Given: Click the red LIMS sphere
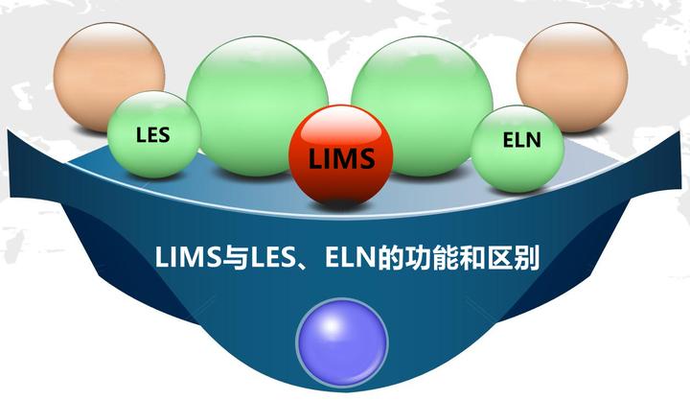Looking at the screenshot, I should click(x=341, y=153).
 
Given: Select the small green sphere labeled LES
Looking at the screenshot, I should click(x=153, y=135).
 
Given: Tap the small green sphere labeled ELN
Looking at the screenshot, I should click(x=520, y=141).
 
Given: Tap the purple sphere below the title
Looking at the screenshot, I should click(x=342, y=341).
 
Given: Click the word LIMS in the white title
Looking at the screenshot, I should click(x=186, y=259).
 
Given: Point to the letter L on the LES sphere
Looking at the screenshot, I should click(x=142, y=135).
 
